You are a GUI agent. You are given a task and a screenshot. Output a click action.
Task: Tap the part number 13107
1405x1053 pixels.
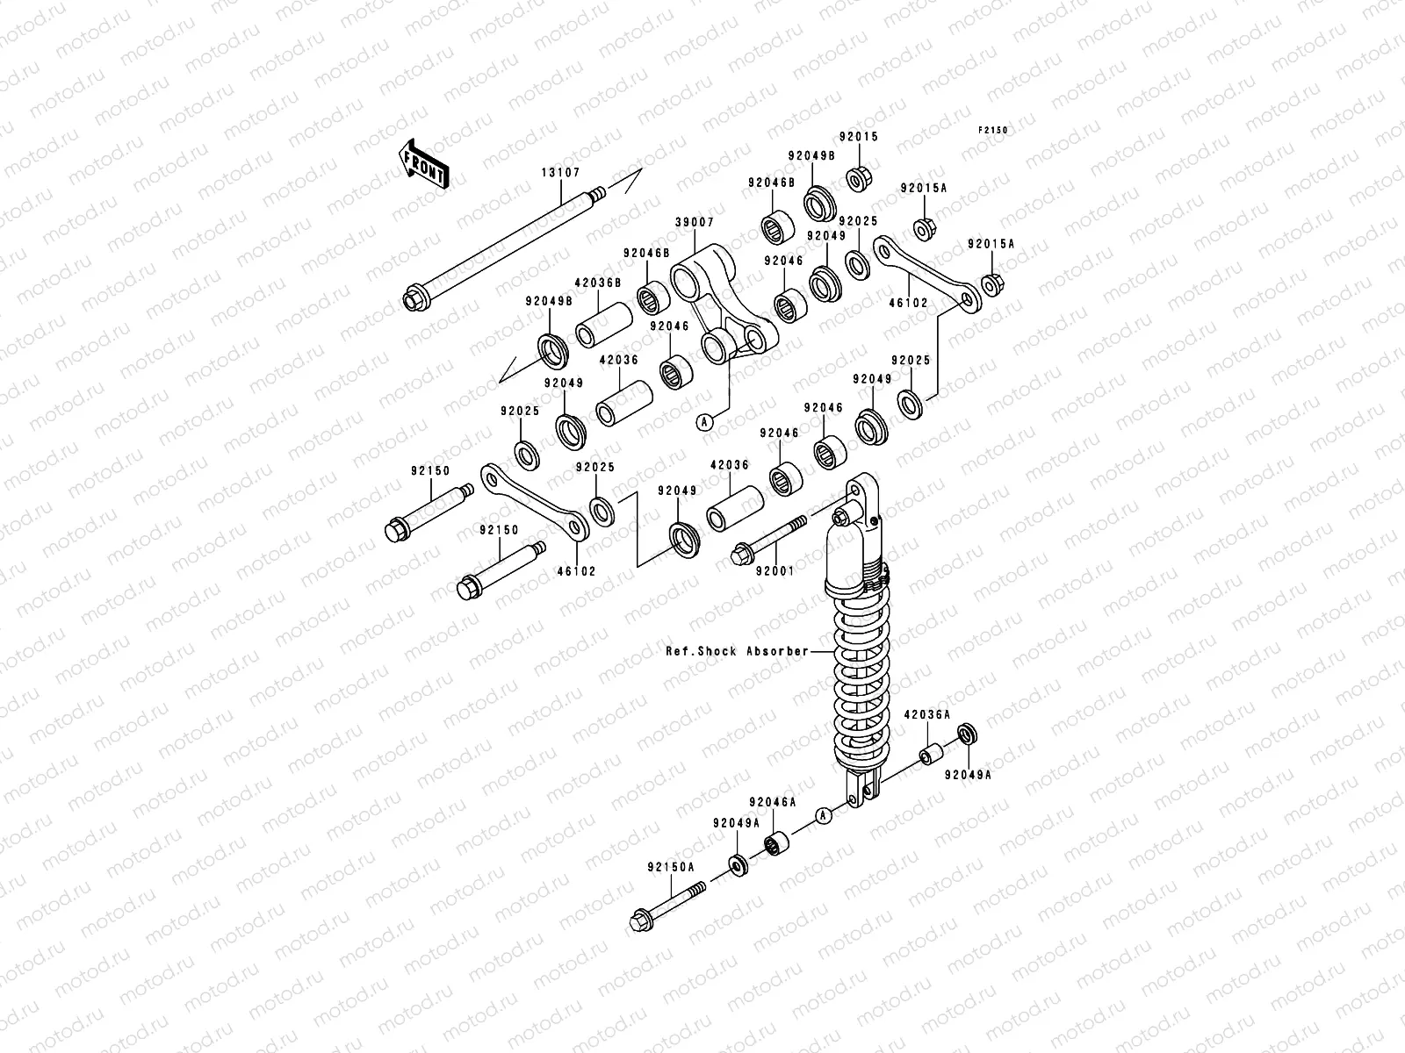560,173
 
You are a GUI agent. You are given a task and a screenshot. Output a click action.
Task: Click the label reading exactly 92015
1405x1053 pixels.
858,138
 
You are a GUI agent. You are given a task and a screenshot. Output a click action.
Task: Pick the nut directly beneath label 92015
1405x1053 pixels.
857,180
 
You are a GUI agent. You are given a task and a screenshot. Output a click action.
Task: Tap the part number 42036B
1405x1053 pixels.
597,283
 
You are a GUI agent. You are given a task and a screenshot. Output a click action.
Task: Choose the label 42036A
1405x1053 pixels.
927,715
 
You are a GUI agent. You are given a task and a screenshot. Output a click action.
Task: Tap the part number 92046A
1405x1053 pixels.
772,801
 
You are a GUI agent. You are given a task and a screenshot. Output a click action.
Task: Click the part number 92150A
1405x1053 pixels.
671,866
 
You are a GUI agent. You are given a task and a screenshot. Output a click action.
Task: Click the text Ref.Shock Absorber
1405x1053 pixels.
737,651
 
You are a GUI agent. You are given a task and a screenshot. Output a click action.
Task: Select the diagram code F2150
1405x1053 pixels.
994,130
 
